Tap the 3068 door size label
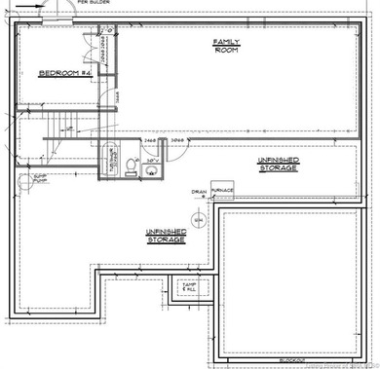[178, 140]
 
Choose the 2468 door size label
[150, 140]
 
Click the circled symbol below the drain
[198, 220]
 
